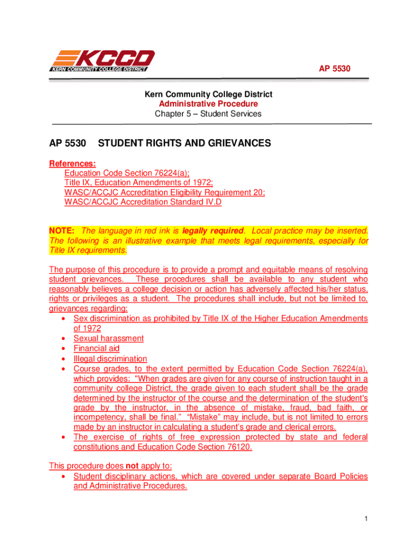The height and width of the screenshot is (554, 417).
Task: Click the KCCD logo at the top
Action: pyautogui.click(x=102, y=60)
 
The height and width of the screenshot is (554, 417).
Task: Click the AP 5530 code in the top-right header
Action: pyautogui.click(x=331, y=69)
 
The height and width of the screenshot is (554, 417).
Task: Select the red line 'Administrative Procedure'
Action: pyautogui.click(x=208, y=104)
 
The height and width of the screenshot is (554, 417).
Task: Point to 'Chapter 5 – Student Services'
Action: pyautogui.click(x=208, y=114)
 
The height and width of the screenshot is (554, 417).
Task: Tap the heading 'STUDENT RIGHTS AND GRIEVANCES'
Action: pyautogui.click(x=184, y=143)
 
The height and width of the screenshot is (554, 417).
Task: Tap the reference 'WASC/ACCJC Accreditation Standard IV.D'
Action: pyautogui.click(x=143, y=202)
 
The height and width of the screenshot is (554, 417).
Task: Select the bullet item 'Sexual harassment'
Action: pyautogui.click(x=108, y=339)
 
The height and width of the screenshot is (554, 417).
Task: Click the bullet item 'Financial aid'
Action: pyautogui.click(x=96, y=348)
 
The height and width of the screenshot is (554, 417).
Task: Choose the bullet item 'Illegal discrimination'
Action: pyautogui.click(x=110, y=359)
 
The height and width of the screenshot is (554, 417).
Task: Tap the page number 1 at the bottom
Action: pyautogui.click(x=366, y=520)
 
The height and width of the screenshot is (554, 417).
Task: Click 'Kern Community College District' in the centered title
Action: pyautogui.click(x=208, y=94)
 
